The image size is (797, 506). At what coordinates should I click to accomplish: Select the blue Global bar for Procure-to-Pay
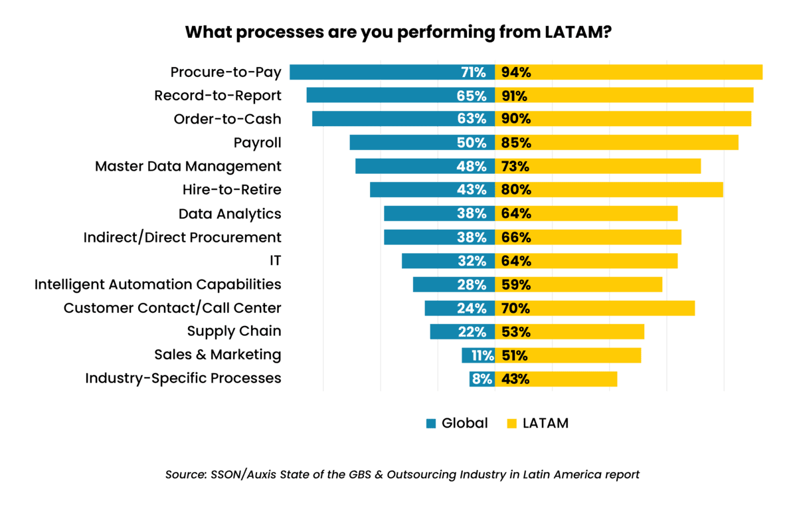(x=372, y=72)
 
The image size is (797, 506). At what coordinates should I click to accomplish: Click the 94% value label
(x=516, y=72)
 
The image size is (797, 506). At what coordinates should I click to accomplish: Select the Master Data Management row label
(x=188, y=166)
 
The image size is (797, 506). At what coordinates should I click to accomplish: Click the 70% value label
(x=516, y=308)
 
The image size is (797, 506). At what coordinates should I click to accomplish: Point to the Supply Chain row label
(x=234, y=331)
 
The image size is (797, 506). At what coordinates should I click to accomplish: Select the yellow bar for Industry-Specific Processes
(x=571, y=379)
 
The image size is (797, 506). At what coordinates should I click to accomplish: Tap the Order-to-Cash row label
(x=227, y=120)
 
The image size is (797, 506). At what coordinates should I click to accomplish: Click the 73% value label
(x=516, y=166)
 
